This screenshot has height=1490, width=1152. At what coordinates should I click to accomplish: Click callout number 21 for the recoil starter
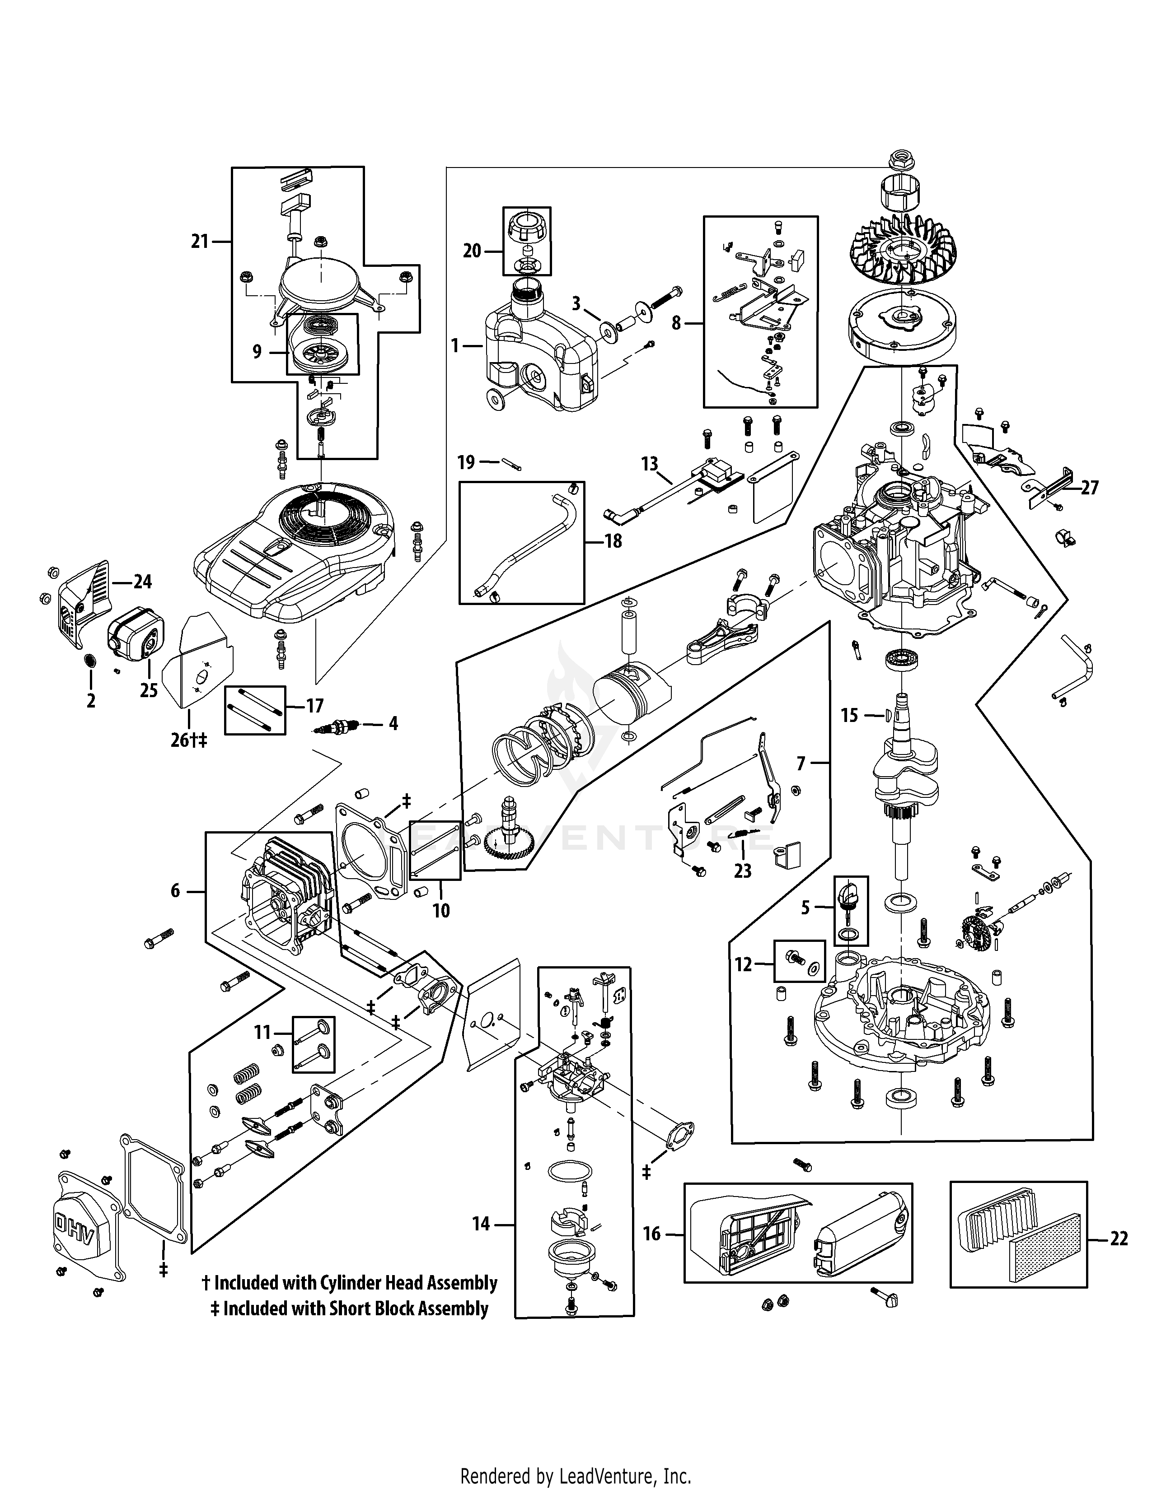199,242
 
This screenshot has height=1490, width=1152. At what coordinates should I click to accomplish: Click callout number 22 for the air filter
1119,1238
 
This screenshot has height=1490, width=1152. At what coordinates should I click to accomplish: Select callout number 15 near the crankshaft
849,715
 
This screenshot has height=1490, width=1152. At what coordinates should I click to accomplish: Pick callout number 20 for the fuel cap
472,251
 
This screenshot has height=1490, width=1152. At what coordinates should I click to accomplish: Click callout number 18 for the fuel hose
613,542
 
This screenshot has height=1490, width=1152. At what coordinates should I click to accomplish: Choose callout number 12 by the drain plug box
743,965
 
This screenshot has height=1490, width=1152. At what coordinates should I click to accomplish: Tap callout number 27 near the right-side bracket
1090,488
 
